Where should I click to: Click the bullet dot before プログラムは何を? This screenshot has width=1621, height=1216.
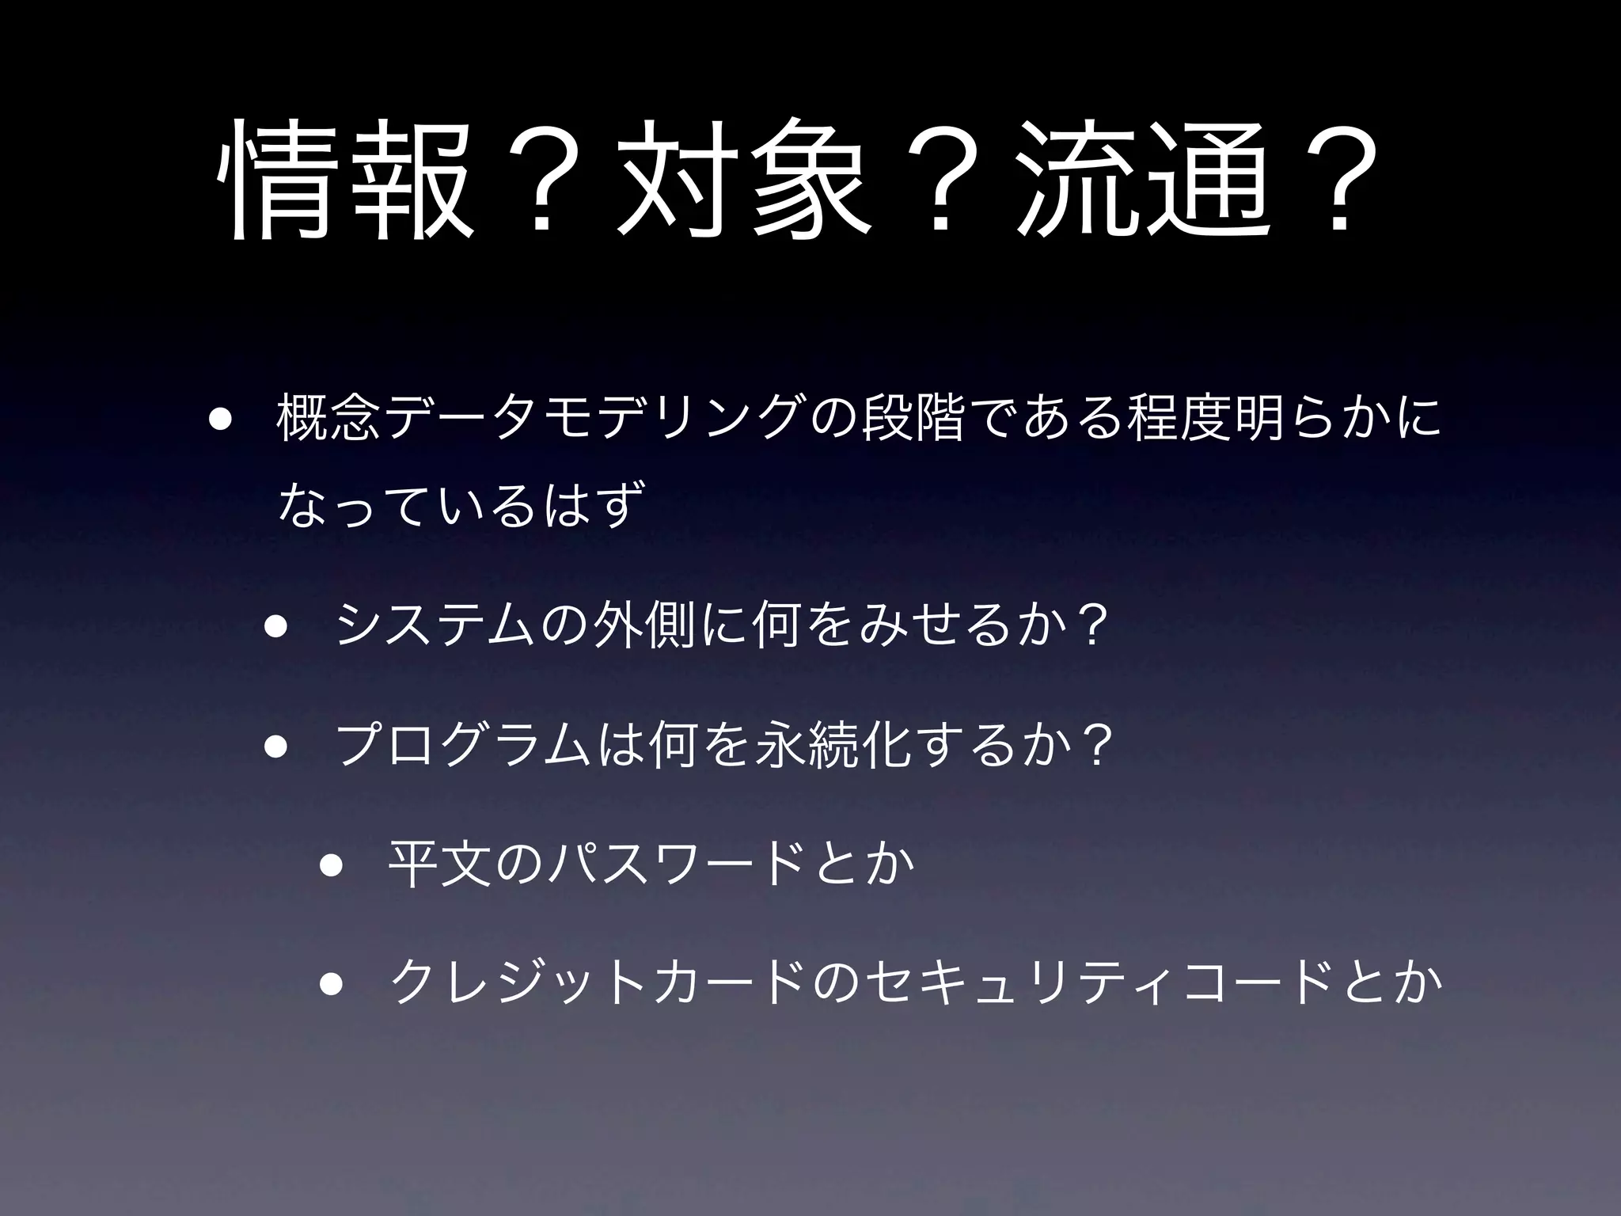click(275, 747)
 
